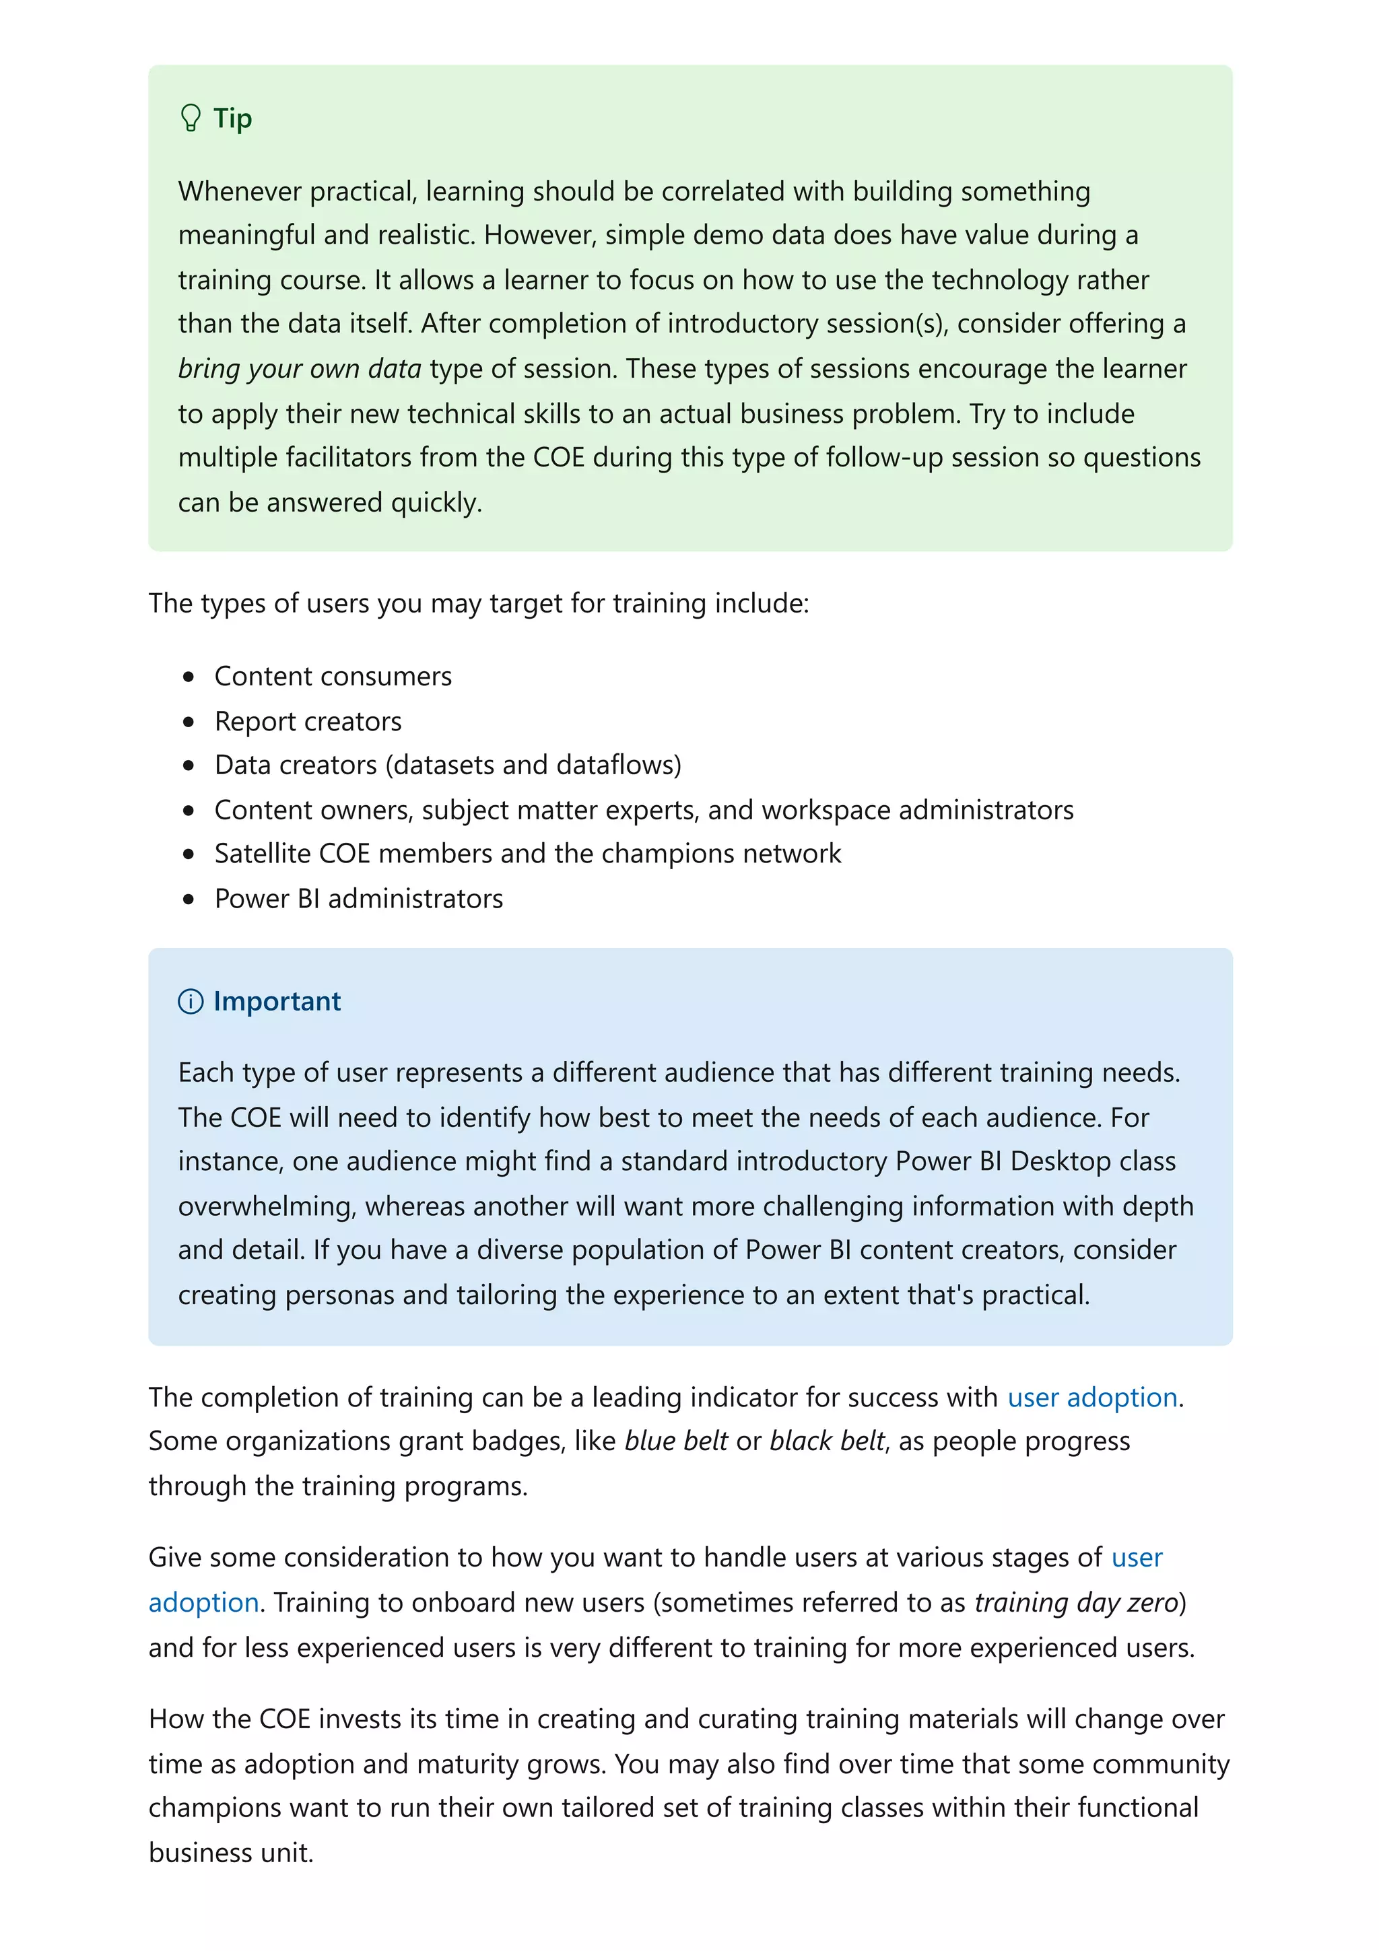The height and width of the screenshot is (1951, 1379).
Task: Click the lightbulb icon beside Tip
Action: pos(191,117)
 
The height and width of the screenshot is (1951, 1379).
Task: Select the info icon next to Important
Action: pos(191,1001)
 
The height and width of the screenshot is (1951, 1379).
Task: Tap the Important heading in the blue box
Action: pos(277,1001)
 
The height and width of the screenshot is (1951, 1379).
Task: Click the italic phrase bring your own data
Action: pos(299,369)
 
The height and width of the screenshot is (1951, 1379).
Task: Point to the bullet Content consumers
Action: pos(332,677)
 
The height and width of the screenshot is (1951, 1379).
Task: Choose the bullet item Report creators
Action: pos(308,722)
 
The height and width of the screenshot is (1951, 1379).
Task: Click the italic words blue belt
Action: pos(675,1441)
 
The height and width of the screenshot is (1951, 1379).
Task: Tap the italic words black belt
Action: pos(827,1441)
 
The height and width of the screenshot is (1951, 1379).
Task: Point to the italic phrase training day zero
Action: pos(1076,1602)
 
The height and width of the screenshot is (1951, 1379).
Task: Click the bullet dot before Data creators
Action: pos(189,765)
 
